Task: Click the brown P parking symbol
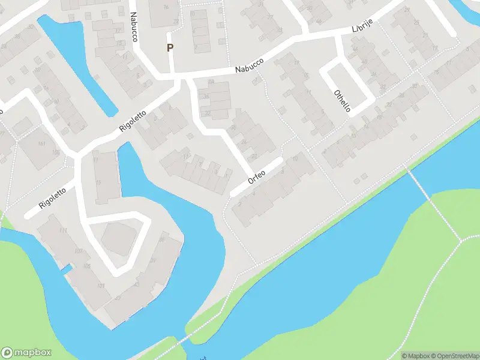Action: pyautogui.click(x=170, y=48)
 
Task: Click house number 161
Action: pyautogui.click(x=41, y=143)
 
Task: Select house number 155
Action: pyautogui.click(x=56, y=153)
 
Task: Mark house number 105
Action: pyautogui.click(x=88, y=266)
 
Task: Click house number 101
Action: pyautogui.click(x=101, y=285)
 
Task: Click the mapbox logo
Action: pyautogui.click(x=26, y=353)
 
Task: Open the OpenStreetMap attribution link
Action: pyautogui.click(x=453, y=356)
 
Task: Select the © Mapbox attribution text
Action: pyautogui.click(x=415, y=356)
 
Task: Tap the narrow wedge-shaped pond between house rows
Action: pyautogui.click(x=78, y=60)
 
